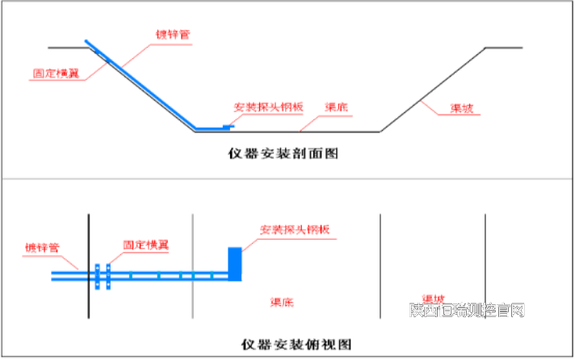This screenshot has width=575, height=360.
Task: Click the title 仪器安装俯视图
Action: [296, 344]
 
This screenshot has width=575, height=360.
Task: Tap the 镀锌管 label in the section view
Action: [172, 36]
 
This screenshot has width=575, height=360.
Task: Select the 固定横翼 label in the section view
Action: [56, 73]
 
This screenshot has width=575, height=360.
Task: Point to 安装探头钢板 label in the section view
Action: [268, 107]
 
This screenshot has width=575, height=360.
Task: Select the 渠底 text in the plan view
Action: [281, 303]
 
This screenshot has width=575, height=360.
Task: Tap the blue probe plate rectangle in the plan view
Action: [235, 263]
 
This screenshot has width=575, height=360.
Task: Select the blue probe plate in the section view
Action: [215, 128]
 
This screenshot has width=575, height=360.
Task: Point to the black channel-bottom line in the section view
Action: [323, 132]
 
